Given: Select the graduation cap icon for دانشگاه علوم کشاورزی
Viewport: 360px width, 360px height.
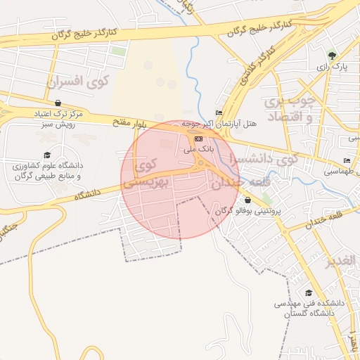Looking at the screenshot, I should click(x=47, y=155).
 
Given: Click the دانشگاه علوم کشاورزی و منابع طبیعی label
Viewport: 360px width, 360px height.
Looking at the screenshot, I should click(x=46, y=171).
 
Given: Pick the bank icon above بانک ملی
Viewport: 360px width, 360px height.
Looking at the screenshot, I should click(x=198, y=139).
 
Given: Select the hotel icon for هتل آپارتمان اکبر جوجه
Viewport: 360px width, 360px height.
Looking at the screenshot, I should click(x=219, y=113).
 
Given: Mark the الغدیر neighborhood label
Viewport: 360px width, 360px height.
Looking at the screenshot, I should click(x=342, y=262).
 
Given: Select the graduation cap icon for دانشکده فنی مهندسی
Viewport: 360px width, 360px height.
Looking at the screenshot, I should click(x=308, y=292).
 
